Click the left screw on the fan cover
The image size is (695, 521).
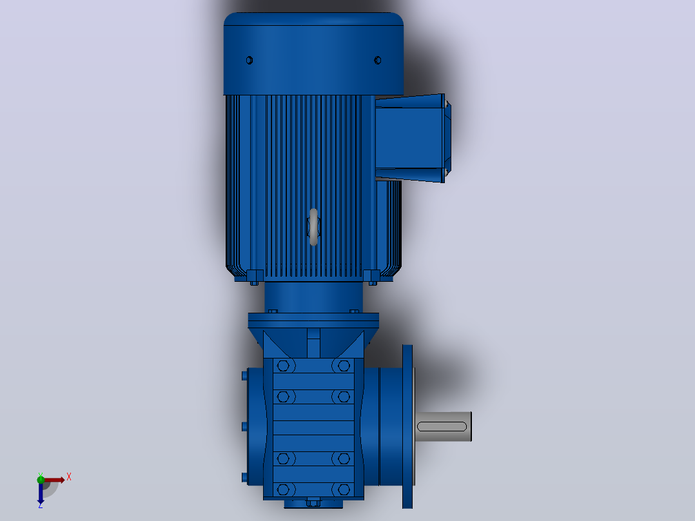tap(250, 61)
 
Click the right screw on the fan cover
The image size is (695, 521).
tap(378, 61)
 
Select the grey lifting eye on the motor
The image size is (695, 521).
tap(313, 226)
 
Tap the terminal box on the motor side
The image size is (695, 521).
tap(413, 138)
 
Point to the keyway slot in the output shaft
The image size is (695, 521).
tap(442, 427)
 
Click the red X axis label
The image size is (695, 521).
tap(69, 477)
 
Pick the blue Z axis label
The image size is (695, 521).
tap(41, 505)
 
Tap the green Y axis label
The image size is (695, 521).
tap(41, 475)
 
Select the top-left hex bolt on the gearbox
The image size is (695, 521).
tap(283, 366)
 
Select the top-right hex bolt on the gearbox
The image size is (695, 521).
tap(344, 366)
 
